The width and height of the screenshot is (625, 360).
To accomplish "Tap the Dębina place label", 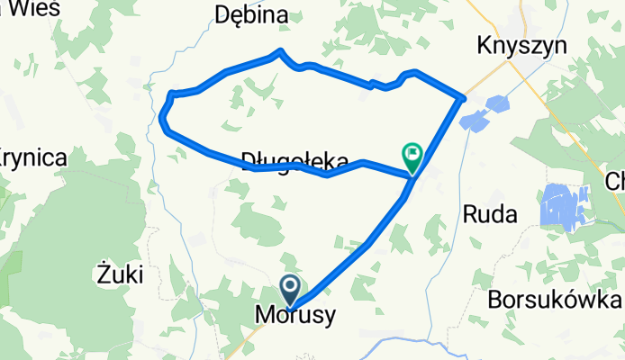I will click(x=252, y=15).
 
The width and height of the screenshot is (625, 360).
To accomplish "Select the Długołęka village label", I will click(x=294, y=160).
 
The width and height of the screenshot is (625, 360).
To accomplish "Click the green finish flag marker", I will click(x=412, y=157).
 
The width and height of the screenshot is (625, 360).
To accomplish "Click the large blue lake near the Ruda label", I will click(x=564, y=204).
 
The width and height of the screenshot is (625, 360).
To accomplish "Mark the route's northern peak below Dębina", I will click(x=282, y=51).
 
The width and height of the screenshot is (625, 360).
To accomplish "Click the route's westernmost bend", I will click(x=163, y=117).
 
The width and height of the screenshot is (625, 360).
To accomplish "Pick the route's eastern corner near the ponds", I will click(x=463, y=97).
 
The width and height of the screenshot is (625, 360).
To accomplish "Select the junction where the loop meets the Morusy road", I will click(x=412, y=179).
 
